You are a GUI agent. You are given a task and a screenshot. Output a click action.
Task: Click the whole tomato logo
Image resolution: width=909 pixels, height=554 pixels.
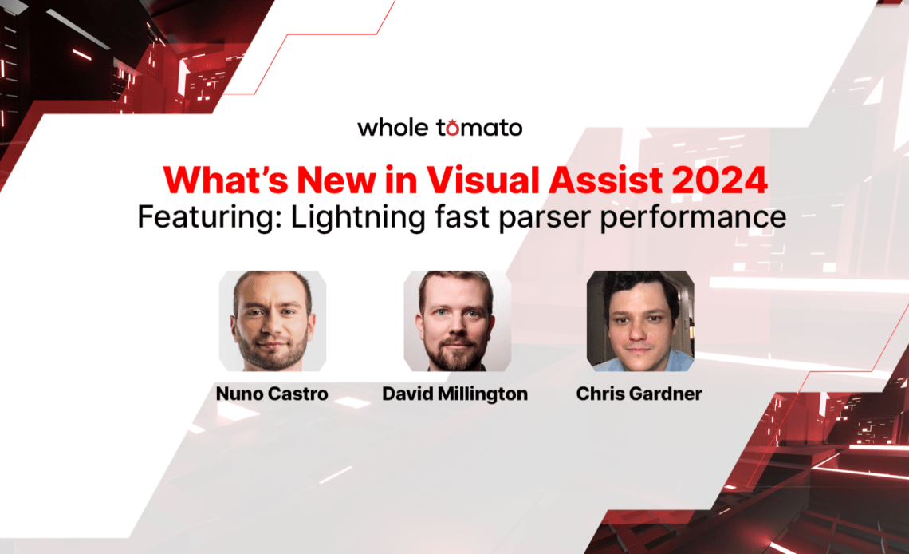(x=440, y=127)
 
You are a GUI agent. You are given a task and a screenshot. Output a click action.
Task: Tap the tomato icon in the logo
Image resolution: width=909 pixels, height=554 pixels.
(x=451, y=128)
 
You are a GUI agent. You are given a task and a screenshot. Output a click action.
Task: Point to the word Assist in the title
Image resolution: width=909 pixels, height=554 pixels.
(x=606, y=180)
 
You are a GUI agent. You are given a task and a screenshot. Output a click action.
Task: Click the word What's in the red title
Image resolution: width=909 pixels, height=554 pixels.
(x=226, y=180)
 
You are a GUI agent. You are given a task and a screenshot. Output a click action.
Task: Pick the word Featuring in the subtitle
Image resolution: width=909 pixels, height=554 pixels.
(x=210, y=218)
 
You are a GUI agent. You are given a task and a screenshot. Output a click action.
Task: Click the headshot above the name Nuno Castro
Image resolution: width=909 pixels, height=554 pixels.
(x=273, y=321)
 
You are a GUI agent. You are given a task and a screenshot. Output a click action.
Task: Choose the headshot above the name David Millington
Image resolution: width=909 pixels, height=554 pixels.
(x=458, y=321)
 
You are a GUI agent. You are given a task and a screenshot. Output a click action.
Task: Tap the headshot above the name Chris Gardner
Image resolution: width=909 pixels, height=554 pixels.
(x=640, y=321)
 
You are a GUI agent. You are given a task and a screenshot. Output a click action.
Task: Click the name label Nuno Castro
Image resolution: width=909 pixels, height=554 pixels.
(x=272, y=394)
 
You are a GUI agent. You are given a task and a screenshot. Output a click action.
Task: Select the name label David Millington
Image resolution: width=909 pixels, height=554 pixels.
(x=455, y=394)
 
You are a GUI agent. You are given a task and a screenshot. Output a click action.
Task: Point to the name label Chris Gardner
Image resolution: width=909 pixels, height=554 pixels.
(x=639, y=394)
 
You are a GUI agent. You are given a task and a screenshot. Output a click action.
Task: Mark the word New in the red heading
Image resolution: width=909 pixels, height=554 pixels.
(x=336, y=180)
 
